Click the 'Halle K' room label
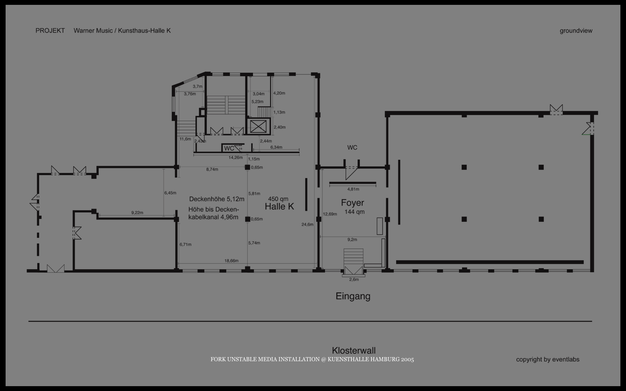tap(279, 206)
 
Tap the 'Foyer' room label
tap(352, 203)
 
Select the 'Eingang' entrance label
tap(353, 296)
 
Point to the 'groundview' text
tap(576, 31)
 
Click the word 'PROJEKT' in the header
tap(50, 31)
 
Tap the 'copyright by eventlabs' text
tap(548, 359)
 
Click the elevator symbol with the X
tap(258, 127)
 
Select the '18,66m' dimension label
tap(231, 261)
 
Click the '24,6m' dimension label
tap(307, 225)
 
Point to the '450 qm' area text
tap(278, 199)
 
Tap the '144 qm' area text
tap(354, 212)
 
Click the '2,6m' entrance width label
tap(354, 280)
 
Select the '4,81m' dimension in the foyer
tap(353, 189)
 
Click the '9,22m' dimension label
tap(137, 213)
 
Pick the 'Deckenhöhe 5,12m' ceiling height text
tap(216, 199)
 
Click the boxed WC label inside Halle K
tap(229, 148)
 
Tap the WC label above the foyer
tap(352, 147)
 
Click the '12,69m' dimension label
tap(330, 214)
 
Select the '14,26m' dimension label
tap(235, 158)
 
